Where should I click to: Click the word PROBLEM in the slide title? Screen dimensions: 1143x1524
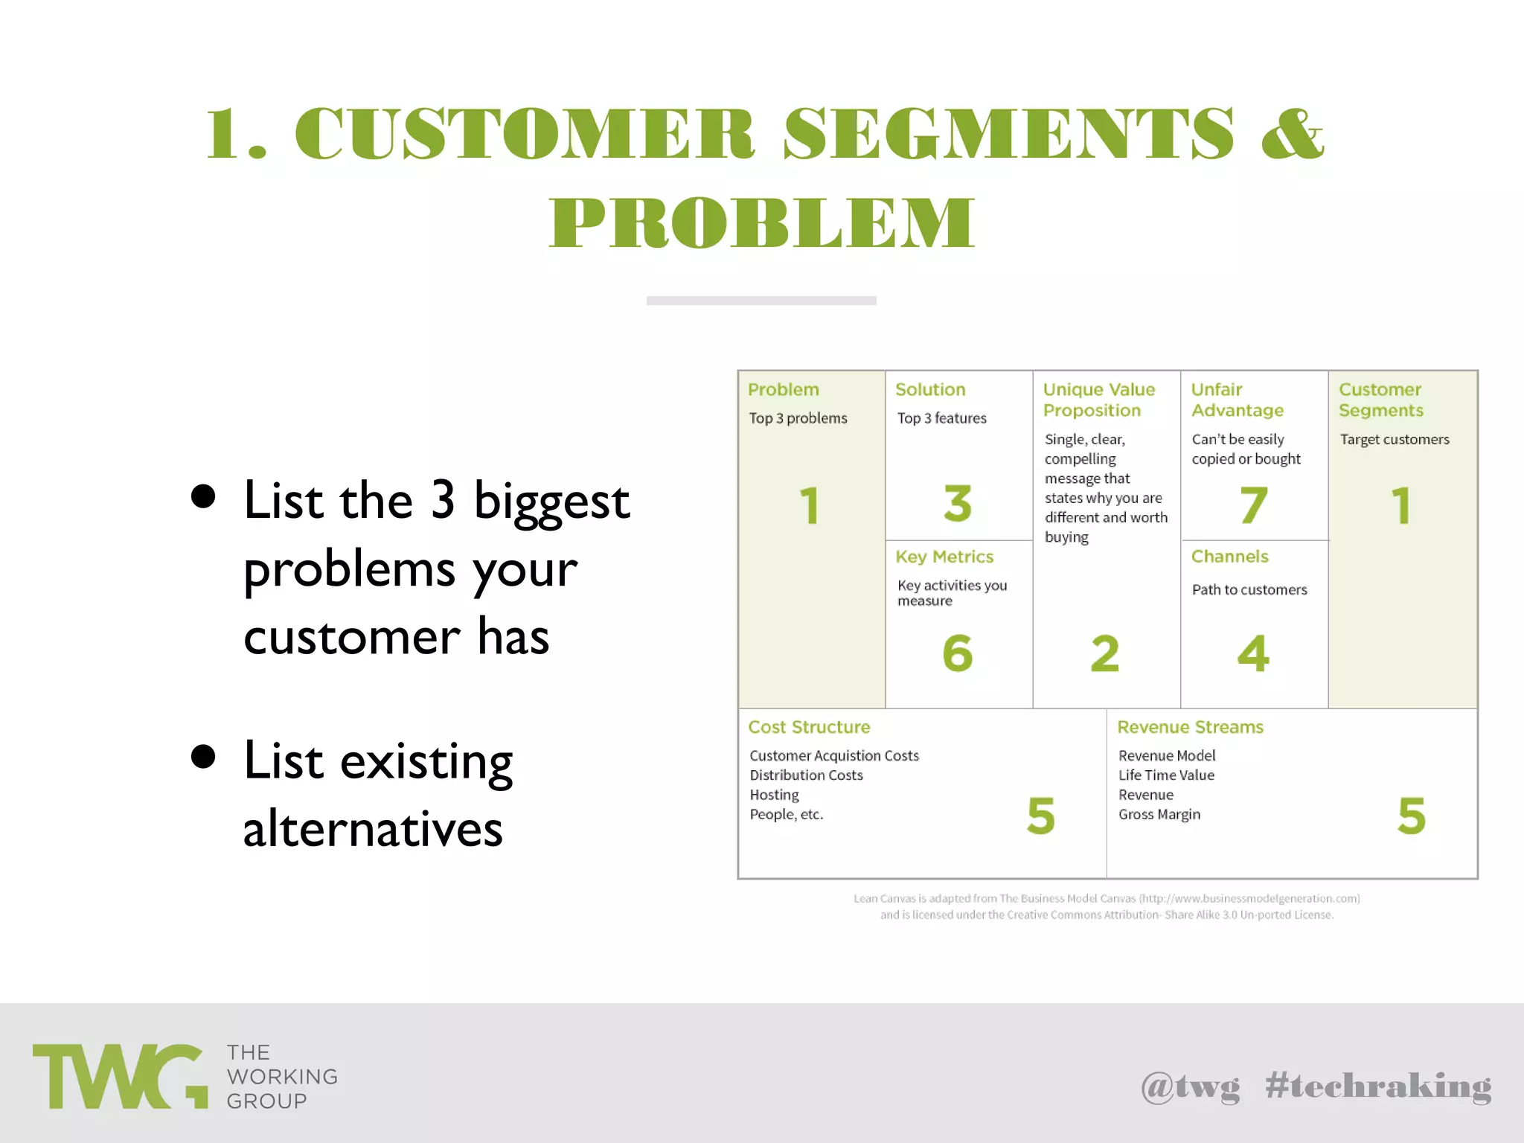[761, 222]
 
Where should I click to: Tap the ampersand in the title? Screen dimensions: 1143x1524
[1293, 134]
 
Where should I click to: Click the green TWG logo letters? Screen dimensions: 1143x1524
[119, 1076]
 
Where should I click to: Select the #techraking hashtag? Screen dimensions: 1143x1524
[1378, 1086]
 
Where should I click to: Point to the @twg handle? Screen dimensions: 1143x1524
[1191, 1086]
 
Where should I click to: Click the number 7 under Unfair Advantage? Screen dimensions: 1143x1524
[1253, 505]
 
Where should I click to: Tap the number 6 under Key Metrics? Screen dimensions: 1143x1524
[957, 653]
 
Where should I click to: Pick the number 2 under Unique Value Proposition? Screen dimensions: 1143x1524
[1105, 653]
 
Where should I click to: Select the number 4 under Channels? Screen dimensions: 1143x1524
[1253, 653]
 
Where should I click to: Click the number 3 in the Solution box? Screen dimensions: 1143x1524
[957, 503]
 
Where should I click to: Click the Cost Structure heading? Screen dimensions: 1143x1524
[809, 727]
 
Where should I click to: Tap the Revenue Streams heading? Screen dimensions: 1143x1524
[1190, 727]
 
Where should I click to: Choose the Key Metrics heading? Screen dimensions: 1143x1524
[944, 557]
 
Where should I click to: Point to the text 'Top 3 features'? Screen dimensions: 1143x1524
[941, 418]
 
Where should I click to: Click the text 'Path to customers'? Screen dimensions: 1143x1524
[1249, 589]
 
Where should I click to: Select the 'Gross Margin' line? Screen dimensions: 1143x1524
[1159, 814]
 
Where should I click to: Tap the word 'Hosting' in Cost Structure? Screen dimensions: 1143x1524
[774, 795]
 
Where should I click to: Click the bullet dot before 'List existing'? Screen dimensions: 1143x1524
[203, 757]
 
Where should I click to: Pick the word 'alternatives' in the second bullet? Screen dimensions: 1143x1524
[373, 829]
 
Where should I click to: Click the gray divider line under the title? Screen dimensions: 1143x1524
[761, 301]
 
